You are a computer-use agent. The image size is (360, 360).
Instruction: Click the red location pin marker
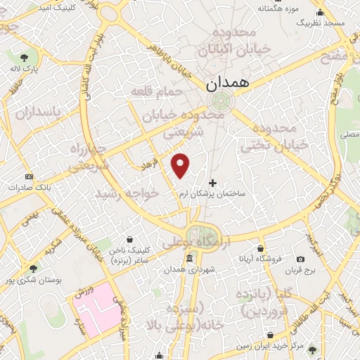181,165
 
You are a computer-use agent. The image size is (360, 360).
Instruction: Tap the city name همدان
229,83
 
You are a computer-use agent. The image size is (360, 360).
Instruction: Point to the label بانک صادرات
28,188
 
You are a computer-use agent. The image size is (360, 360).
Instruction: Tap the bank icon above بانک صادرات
29,176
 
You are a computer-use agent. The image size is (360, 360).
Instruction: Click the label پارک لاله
25,69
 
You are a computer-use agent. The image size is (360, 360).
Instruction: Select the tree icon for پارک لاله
25,57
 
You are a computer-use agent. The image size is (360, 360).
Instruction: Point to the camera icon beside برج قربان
301,259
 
